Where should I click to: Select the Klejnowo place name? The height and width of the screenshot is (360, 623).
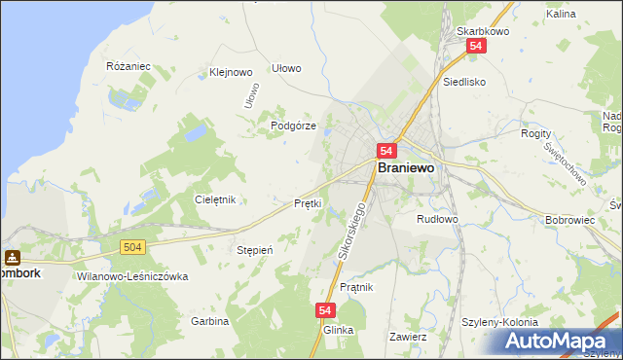[231, 72]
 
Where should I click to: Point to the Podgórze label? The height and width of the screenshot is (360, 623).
[293, 126]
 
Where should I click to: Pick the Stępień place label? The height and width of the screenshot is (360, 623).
[256, 250]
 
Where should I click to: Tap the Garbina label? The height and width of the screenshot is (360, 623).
[209, 321]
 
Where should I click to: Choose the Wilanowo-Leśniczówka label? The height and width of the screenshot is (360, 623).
[130, 276]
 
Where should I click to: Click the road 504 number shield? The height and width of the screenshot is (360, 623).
[134, 248]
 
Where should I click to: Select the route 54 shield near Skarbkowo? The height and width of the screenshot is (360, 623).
[475, 46]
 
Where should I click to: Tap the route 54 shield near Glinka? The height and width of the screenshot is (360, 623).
[326, 310]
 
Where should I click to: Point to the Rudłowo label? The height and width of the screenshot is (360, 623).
[437, 219]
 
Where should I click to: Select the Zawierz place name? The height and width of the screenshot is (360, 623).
[408, 337]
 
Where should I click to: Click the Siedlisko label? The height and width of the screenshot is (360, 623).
[463, 83]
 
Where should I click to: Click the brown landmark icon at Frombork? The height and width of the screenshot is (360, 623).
[13, 258]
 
